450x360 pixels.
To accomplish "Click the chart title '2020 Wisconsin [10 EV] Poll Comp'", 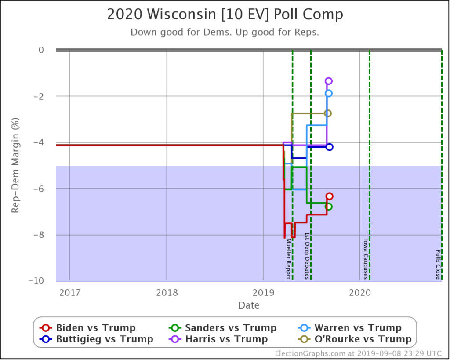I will [x=225, y=15].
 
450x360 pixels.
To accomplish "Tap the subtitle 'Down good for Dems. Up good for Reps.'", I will [x=225, y=32].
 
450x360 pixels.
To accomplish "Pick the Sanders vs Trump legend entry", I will [x=223, y=328].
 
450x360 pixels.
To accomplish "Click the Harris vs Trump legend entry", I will [x=218, y=339].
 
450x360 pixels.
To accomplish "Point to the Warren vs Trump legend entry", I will [x=350, y=328].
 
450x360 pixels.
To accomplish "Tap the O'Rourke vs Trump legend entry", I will [x=355, y=339].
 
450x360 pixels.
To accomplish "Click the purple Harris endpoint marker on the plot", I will [x=328, y=81].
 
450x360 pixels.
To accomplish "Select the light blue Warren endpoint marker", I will [x=328, y=93].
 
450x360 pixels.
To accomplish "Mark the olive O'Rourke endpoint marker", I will [x=328, y=113].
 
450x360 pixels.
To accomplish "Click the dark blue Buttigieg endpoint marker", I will [x=329, y=147].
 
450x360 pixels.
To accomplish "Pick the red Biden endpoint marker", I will [x=329, y=196].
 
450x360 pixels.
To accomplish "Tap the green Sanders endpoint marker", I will [x=329, y=207].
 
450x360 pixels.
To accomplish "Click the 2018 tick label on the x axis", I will [x=167, y=291].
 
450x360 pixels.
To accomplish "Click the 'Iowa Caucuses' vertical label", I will [x=365, y=259].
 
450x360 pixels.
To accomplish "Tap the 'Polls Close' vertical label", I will [x=438, y=265].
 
